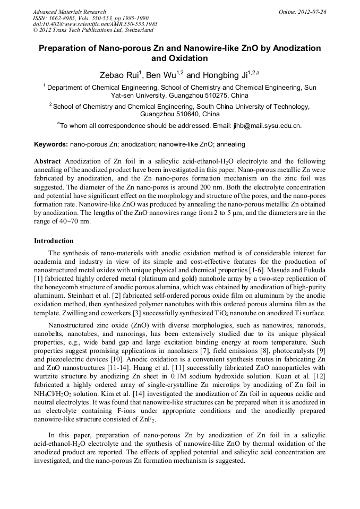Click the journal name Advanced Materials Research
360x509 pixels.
coord(69,12)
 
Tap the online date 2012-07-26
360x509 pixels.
coord(313,12)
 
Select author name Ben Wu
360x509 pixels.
coord(158,75)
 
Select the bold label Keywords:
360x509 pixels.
coord(51,144)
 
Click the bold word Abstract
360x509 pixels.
coord(47,161)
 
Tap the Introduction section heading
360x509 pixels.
coord(54,241)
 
